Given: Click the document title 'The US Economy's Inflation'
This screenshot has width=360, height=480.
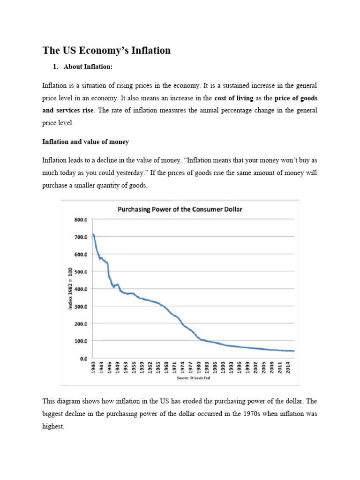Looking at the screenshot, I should point(106,50).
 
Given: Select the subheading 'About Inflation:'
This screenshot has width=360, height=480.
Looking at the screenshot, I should point(88,67).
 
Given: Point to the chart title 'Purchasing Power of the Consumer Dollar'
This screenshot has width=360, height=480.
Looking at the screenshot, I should point(180,209).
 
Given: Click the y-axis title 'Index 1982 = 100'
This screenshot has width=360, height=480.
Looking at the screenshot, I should point(71,289).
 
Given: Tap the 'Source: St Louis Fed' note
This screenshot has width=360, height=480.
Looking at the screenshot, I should point(193,378).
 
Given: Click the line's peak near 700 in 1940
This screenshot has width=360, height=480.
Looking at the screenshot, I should point(93,234).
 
